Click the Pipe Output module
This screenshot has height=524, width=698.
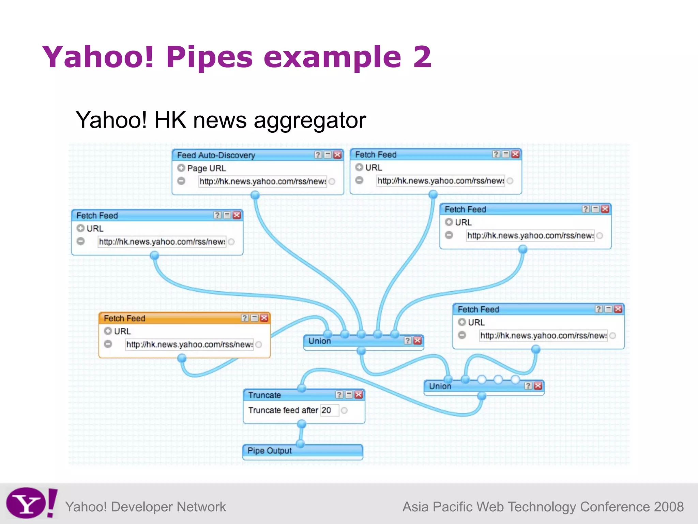coord(303,451)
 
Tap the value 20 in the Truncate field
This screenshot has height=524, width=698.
coord(327,410)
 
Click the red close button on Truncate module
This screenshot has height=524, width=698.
coord(359,395)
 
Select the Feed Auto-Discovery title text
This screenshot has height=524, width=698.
coord(216,155)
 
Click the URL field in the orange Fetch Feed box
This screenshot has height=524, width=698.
coord(189,345)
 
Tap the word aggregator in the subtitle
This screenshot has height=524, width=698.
coord(310,120)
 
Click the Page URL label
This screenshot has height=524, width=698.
coord(207,168)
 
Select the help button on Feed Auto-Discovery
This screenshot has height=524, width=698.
coord(318,155)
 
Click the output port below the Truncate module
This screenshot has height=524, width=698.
coord(302,424)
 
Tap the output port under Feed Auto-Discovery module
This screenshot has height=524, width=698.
coord(255,195)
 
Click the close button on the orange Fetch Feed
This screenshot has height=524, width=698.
coord(264,318)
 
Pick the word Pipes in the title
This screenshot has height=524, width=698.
coord(209,57)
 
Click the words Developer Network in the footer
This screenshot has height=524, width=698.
coord(168,507)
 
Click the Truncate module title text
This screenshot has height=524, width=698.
coord(264,395)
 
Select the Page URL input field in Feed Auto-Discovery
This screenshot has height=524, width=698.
coord(263,181)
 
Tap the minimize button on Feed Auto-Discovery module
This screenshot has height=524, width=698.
coord(328,155)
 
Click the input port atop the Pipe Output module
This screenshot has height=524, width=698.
coord(300,443)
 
